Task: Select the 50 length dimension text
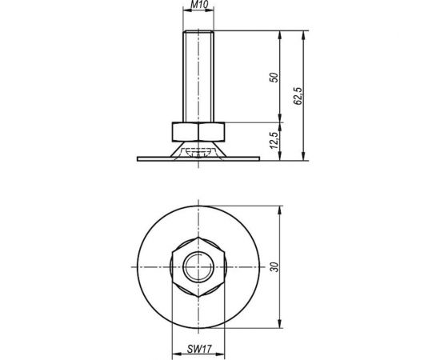pos(274,78)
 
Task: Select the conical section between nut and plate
pos(171,149)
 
